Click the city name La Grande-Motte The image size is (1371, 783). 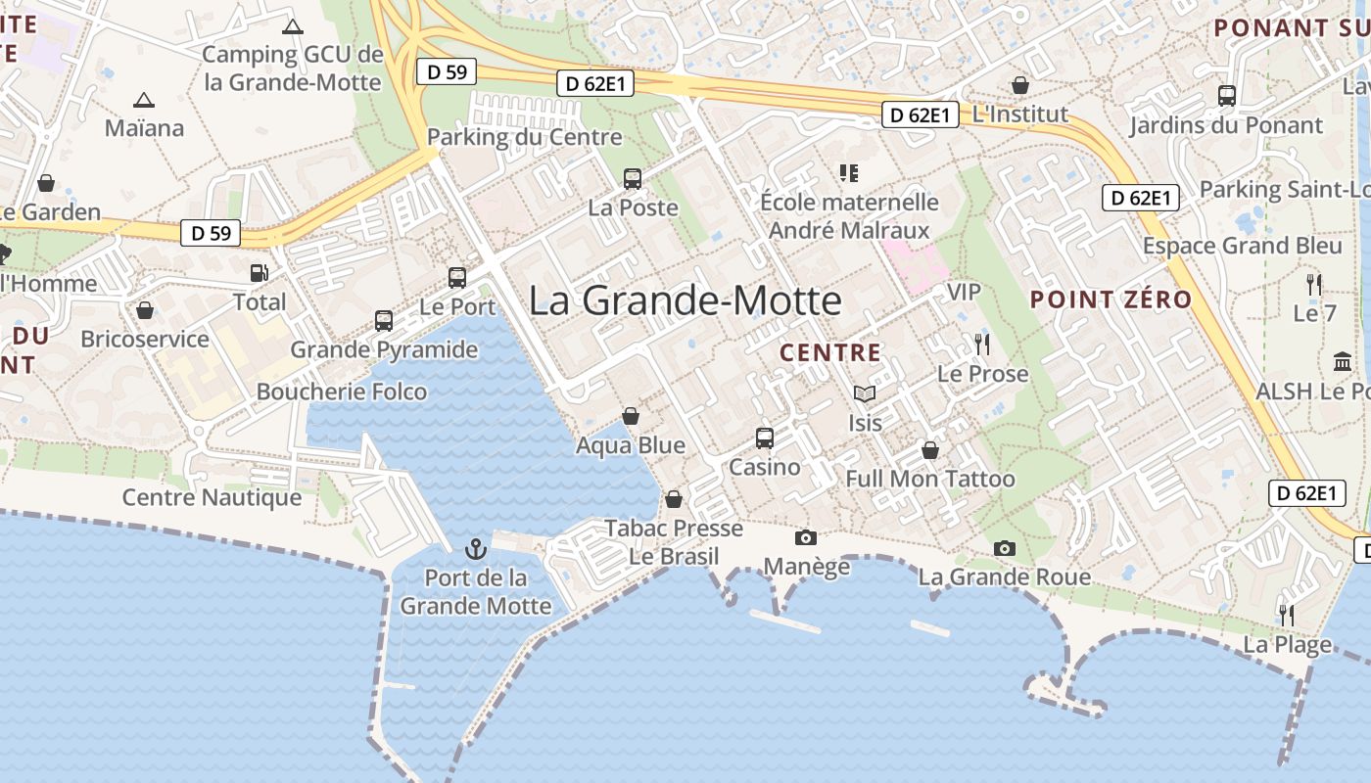click(x=685, y=300)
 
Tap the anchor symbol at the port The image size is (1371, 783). click(x=476, y=548)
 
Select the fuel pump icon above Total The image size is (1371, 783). click(x=260, y=273)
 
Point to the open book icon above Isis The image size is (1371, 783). click(x=864, y=393)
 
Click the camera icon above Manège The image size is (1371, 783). click(x=806, y=537)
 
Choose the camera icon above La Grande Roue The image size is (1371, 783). click(x=1004, y=548)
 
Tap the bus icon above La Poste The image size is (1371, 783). click(x=633, y=179)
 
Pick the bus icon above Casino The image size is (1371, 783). click(x=765, y=438)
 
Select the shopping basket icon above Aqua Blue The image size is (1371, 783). click(x=631, y=416)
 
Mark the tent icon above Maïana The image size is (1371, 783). click(x=144, y=100)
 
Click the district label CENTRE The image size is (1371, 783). click(x=830, y=352)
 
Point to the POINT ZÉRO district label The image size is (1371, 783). click(x=1111, y=299)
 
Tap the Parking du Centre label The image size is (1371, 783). click(x=525, y=137)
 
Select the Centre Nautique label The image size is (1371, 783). click(x=212, y=497)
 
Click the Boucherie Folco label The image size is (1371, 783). click(x=342, y=391)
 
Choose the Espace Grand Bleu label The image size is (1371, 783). click(x=1242, y=245)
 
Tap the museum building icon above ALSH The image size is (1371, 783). click(x=1343, y=361)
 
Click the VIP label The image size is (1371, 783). click(x=964, y=292)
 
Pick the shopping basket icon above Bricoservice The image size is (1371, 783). click(x=145, y=311)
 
